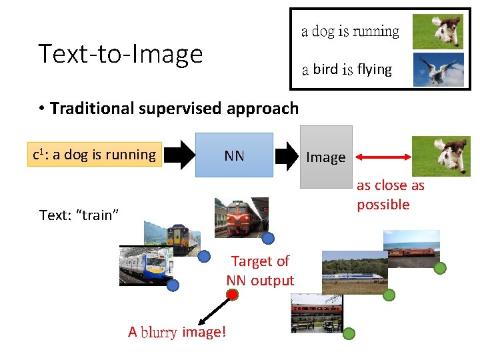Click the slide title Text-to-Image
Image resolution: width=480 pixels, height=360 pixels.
120,53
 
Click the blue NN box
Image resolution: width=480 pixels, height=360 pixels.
234,155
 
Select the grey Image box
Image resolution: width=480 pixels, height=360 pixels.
325,157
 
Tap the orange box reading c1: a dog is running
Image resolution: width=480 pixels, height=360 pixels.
95,155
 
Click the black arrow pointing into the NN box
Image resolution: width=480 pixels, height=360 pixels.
178,156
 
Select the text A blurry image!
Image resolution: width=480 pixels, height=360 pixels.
177,331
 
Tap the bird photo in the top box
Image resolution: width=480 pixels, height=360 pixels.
438,69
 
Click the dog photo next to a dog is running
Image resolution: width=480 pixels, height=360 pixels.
438,31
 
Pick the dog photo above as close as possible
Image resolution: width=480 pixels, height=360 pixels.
441,155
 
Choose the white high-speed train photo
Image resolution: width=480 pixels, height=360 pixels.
353,272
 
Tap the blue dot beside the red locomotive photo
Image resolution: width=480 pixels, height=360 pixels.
268,238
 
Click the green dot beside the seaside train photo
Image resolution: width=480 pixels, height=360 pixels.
440,268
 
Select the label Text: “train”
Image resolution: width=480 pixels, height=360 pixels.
79,215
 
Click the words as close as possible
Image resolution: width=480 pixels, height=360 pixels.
391,195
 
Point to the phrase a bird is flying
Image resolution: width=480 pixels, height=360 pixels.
347,69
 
